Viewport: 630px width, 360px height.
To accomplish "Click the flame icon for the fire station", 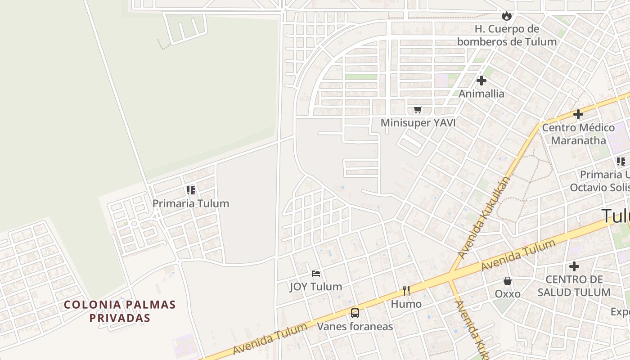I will tap(507, 16).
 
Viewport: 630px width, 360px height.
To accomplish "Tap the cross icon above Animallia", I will tap(481, 81).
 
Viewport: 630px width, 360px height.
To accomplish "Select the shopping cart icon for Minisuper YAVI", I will tap(418, 109).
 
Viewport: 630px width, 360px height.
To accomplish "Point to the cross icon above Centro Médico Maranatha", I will tap(578, 114).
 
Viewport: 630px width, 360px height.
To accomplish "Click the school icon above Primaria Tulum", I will tap(191, 190).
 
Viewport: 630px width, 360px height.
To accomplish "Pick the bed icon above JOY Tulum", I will tap(316, 273).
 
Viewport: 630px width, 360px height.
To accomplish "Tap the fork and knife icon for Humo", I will tap(406, 291).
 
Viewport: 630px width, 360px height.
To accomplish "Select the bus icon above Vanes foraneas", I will tap(355, 313).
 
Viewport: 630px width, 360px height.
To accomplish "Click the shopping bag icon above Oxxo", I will tap(508, 281).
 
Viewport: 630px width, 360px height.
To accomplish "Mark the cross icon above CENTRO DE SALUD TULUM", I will tap(574, 266).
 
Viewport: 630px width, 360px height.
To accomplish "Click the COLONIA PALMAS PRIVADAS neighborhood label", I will tap(120, 311).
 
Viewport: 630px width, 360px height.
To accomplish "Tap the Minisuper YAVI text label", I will tap(418, 122).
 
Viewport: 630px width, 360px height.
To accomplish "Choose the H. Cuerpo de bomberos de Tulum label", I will tap(507, 35).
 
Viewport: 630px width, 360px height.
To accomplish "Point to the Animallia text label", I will tap(481, 94).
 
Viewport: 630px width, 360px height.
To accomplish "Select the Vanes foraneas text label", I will tap(355, 326).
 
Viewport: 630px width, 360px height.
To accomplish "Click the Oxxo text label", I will tap(508, 294).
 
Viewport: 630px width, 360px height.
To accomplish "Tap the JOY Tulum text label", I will tap(316, 286).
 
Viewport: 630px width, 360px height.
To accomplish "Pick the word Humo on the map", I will tap(406, 304).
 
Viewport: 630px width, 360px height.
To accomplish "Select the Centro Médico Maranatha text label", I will tap(578, 134).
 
